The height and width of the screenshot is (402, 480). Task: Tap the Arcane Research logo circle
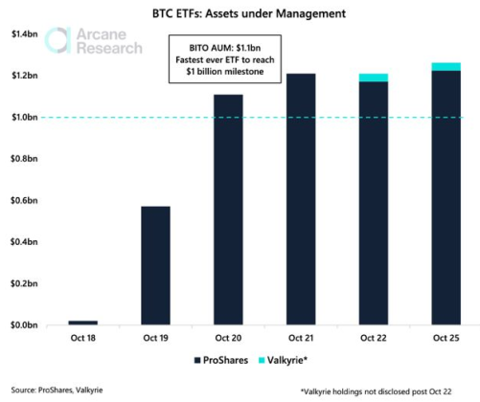(60, 41)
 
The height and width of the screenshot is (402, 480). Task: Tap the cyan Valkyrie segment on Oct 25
(446, 67)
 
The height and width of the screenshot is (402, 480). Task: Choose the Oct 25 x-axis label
(446, 338)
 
